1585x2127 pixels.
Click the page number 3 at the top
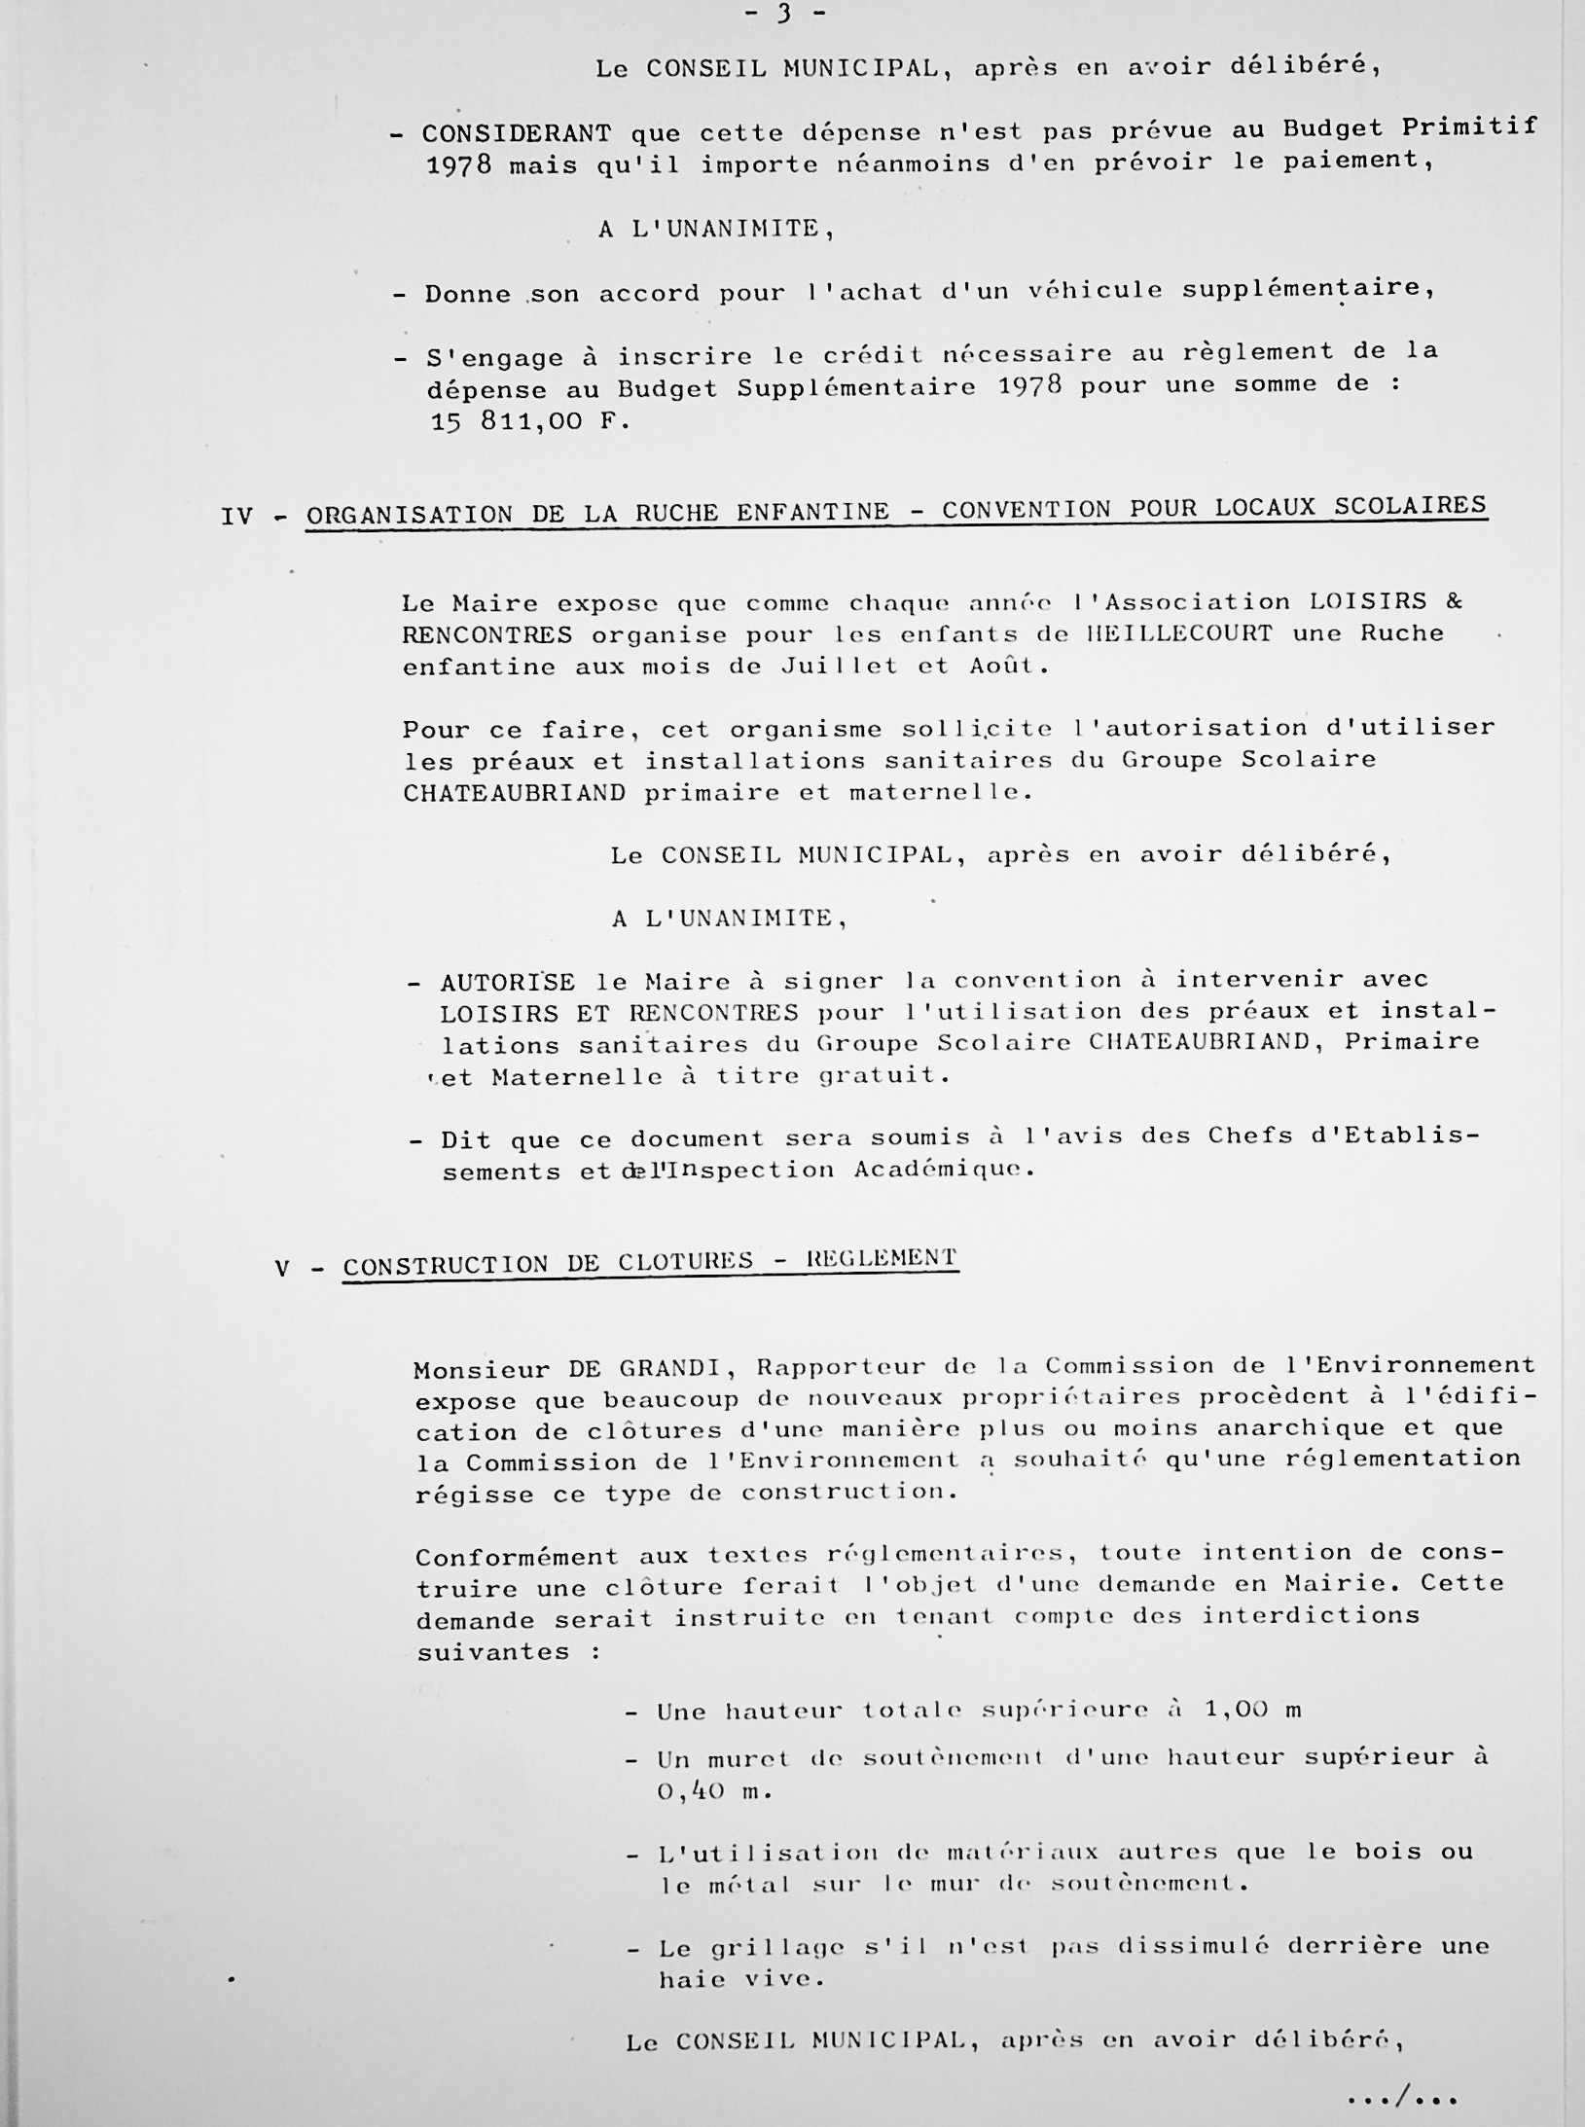(x=781, y=14)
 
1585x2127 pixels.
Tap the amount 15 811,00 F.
(x=528, y=422)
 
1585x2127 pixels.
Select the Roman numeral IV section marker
(x=236, y=516)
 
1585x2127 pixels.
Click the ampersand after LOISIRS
(x=1454, y=600)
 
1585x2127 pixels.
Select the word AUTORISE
(x=507, y=982)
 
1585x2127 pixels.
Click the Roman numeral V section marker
(x=282, y=1268)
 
